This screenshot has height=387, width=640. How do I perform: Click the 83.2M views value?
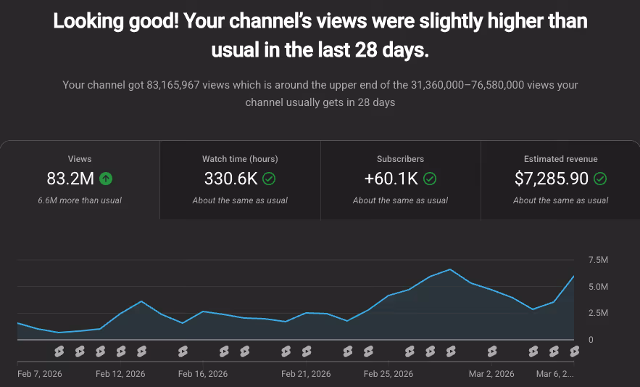71,178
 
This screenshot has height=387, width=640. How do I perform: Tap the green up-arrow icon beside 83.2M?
106,178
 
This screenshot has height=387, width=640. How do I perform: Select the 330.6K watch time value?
231,178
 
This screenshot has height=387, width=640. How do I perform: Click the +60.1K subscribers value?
391,178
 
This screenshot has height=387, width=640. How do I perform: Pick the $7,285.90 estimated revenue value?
552,178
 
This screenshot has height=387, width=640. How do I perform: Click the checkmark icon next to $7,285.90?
600,178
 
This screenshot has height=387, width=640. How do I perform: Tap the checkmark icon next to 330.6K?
269,178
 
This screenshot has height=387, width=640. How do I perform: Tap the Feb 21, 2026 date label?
306,374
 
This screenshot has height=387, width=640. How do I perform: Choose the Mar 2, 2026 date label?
491,374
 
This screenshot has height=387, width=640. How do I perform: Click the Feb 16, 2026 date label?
203,374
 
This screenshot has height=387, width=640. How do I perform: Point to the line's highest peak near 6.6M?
450,269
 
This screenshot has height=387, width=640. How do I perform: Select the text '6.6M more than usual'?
80,200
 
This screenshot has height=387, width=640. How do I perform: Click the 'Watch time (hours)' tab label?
240,158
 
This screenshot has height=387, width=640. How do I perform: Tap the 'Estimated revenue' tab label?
560,158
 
